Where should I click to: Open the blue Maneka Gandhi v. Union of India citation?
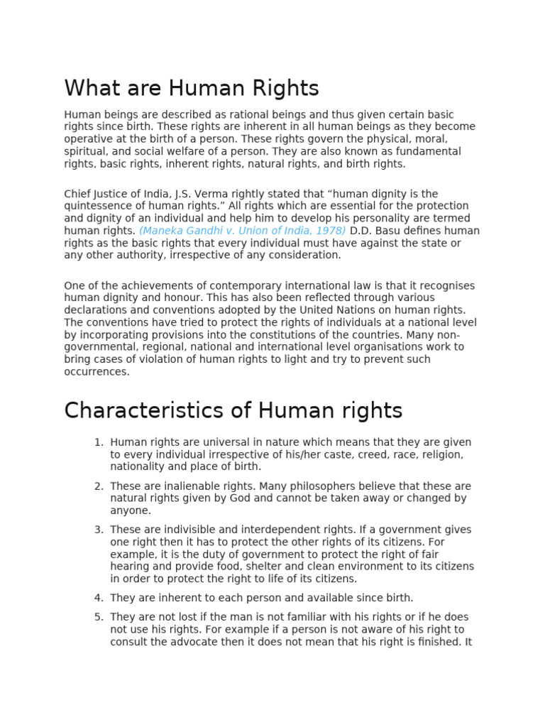(x=242, y=231)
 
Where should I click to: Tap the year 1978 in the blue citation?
(x=330, y=231)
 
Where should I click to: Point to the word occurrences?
(x=97, y=371)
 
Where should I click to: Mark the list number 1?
(x=99, y=442)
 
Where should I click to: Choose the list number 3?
(x=99, y=530)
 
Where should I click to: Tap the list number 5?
(x=99, y=617)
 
